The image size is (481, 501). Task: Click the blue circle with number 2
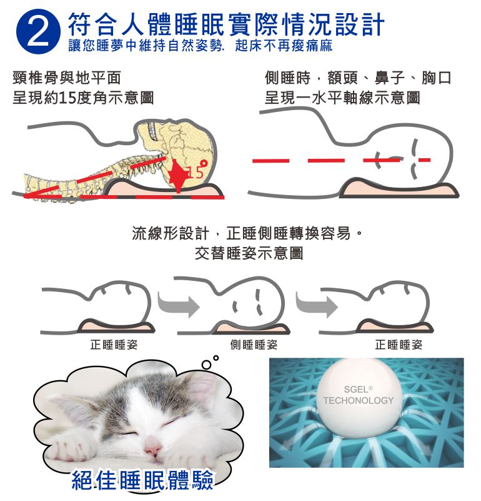[x=38, y=31]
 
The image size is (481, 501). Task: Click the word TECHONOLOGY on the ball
[x=359, y=400]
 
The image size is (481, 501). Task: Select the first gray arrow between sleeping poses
[x=179, y=305]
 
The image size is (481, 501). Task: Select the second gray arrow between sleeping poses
[x=317, y=305]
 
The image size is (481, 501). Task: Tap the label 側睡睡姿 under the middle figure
[x=254, y=345]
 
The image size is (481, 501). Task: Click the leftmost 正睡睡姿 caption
[x=114, y=345]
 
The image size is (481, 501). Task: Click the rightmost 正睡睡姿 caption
[x=399, y=345]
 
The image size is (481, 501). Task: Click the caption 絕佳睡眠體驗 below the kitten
[x=142, y=480]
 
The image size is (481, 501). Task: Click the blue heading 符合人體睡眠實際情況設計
[x=226, y=24]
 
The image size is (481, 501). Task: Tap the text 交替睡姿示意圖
[x=249, y=253]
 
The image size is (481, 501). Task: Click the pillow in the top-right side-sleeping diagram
[x=399, y=190]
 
